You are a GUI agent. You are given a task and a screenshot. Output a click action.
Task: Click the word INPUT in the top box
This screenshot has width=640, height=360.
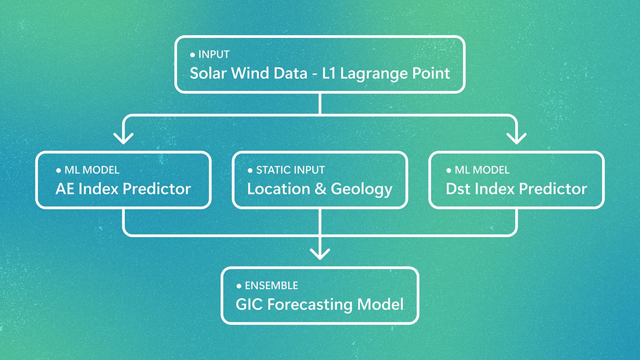[x=214, y=54]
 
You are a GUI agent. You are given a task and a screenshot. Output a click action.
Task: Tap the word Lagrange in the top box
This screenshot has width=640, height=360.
[x=374, y=74]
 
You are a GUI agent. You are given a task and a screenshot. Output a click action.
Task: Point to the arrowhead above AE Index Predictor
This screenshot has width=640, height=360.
[x=123, y=138]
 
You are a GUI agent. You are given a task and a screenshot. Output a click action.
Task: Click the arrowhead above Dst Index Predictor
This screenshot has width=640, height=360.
[x=517, y=138]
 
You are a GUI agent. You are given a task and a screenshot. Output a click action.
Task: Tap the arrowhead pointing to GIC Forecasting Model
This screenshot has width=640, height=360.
[x=320, y=254]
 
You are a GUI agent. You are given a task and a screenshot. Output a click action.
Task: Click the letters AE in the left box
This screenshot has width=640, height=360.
[x=64, y=189]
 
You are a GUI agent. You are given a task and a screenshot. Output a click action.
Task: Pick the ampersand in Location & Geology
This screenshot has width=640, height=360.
[x=320, y=189]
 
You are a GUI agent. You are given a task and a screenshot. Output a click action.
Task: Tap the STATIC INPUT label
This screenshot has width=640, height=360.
[x=290, y=170]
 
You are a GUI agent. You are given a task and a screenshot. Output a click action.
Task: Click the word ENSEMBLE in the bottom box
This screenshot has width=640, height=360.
[x=272, y=286]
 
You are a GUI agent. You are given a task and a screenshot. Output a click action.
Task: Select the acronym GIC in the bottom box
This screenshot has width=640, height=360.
[x=249, y=305]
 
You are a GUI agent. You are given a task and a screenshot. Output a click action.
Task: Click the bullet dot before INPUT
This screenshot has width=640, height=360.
[x=192, y=55]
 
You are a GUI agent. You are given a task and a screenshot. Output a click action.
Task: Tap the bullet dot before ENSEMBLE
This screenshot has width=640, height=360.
[x=239, y=286]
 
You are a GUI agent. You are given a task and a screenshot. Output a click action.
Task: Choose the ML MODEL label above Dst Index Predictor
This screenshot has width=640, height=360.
[x=482, y=170]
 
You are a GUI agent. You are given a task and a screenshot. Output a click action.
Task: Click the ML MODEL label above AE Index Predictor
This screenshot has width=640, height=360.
[x=92, y=170]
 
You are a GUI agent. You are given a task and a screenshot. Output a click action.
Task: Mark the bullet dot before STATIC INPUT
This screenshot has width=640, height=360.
[x=250, y=170]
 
